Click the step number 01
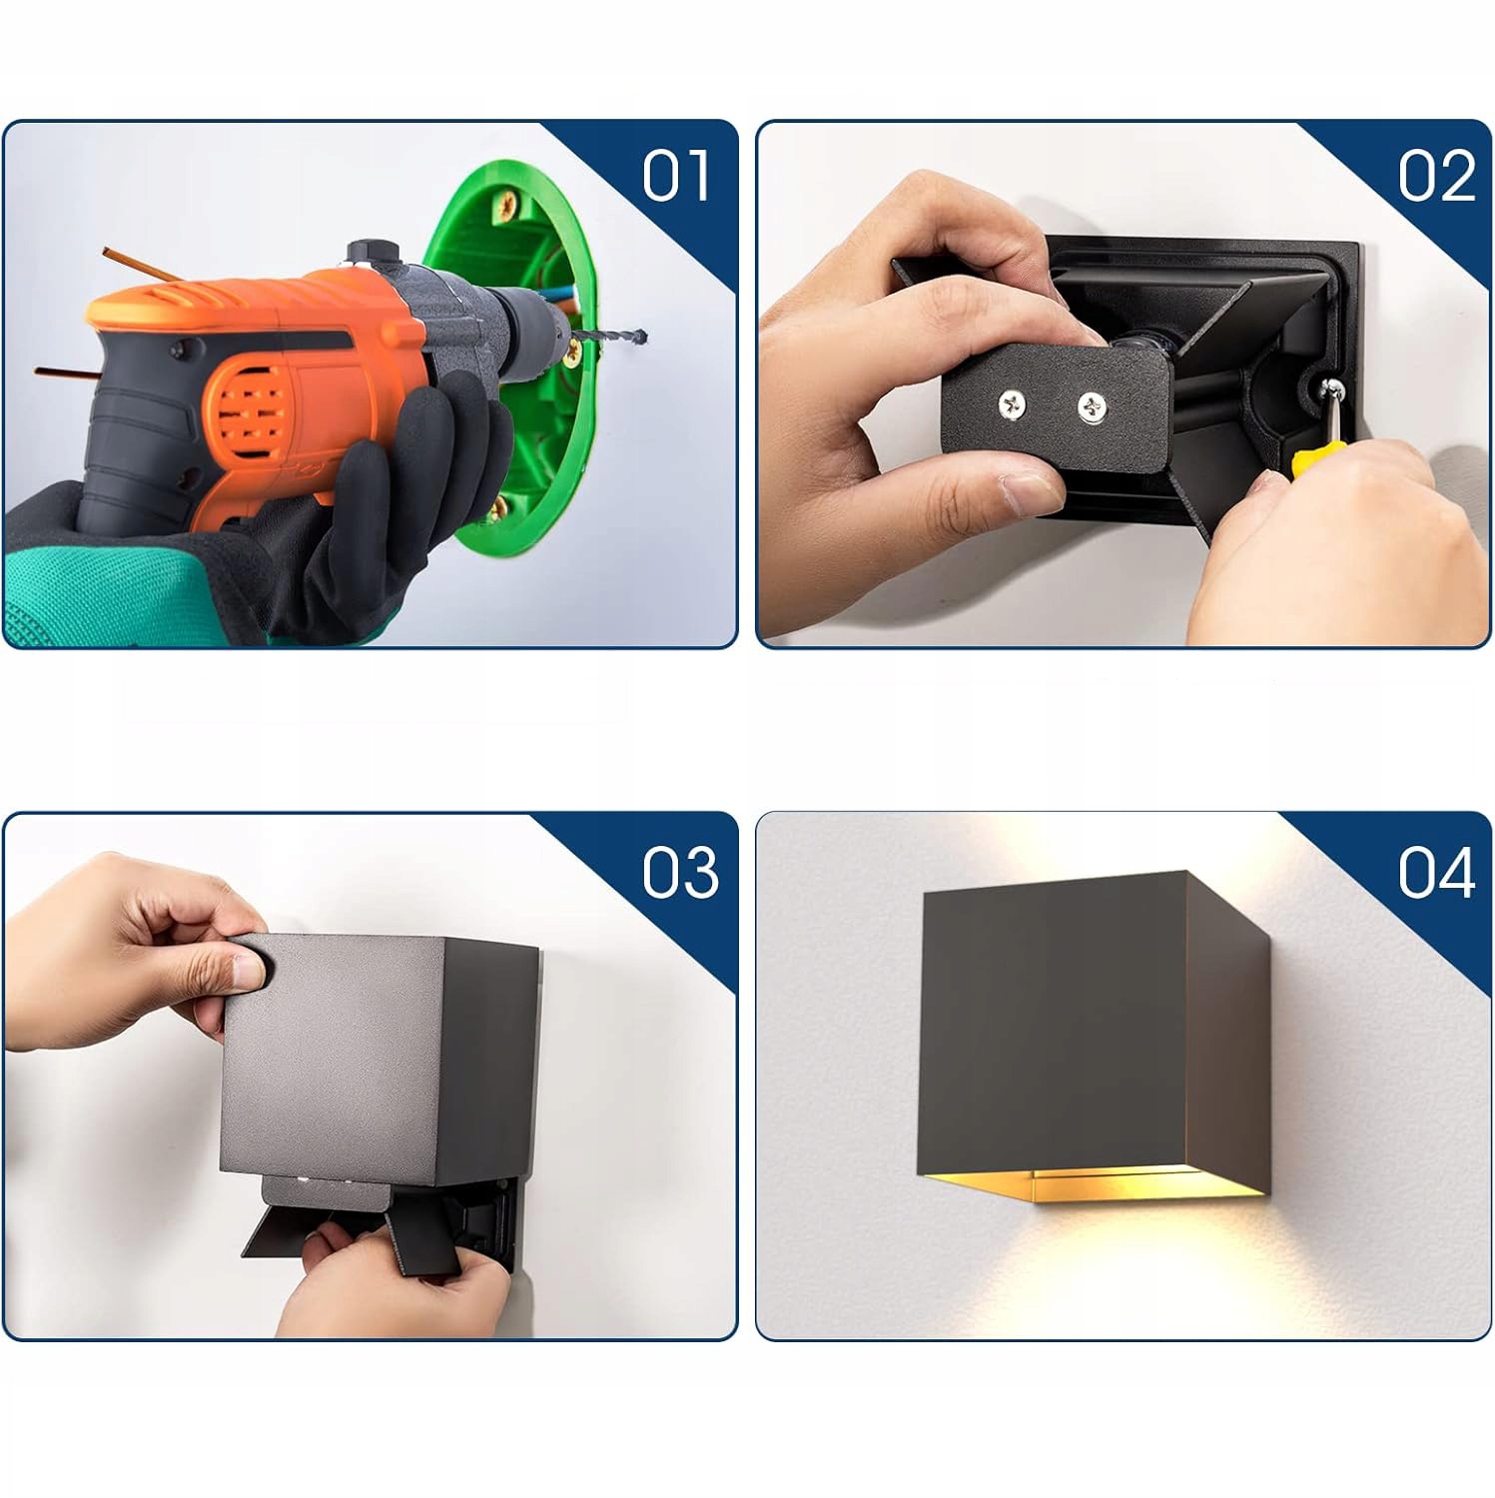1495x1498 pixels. [676, 176]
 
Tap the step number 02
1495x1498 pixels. [1436, 176]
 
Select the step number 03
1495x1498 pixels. [680, 871]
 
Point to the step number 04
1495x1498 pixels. [1436, 871]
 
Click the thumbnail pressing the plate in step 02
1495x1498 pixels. [1029, 489]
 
